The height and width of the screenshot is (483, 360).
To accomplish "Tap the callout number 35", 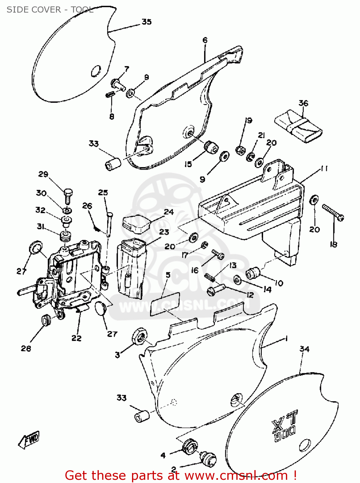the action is tap(147, 22).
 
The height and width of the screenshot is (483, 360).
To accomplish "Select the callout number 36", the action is tap(303, 103).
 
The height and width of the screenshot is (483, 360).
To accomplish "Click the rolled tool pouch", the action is tap(298, 126).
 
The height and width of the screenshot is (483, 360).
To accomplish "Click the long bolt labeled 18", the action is tap(333, 213).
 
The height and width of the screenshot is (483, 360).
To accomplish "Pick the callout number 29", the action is tap(43, 174).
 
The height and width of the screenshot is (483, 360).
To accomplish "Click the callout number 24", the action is tap(169, 212).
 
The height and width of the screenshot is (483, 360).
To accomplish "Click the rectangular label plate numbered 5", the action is tap(165, 304).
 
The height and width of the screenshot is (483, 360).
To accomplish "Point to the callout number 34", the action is tap(304, 349).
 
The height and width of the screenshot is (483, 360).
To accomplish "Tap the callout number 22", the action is tap(76, 338).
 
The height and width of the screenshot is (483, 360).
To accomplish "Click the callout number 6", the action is tap(205, 40).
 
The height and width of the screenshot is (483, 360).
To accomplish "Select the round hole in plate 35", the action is tap(96, 71).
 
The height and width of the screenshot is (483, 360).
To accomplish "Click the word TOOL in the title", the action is tap(82, 10).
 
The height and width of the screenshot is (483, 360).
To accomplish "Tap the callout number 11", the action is tap(324, 169).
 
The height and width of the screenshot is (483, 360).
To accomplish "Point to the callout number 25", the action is tap(103, 193).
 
